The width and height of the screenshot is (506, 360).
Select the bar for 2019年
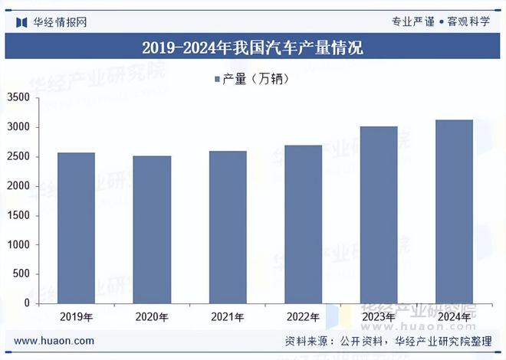pyautogui.click(x=76, y=227)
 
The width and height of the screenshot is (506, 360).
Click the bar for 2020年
pyautogui.click(x=152, y=229)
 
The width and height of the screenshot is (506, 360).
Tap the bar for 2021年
pyautogui.click(x=227, y=227)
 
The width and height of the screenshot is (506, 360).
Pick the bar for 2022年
pyautogui.click(x=303, y=224)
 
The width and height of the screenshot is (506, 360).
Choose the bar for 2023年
pyautogui.click(x=379, y=214)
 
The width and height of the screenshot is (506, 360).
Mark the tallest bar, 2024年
pyautogui.click(x=454, y=211)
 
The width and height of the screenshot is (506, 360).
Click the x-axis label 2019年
pyautogui.click(x=76, y=317)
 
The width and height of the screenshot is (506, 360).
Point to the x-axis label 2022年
pyautogui.click(x=303, y=317)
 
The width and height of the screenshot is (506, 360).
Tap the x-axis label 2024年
pyautogui.click(x=454, y=317)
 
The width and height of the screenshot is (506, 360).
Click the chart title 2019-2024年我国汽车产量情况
pyautogui.click(x=253, y=48)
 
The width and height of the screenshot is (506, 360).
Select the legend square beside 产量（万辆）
pyautogui.click(x=215, y=78)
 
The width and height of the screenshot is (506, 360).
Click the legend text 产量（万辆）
pyautogui.click(x=255, y=78)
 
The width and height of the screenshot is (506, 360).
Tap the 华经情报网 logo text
pyautogui.click(x=60, y=21)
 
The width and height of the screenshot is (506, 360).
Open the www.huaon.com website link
pyautogui.click(x=54, y=341)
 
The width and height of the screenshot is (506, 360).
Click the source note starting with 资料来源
pyautogui.click(x=388, y=341)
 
